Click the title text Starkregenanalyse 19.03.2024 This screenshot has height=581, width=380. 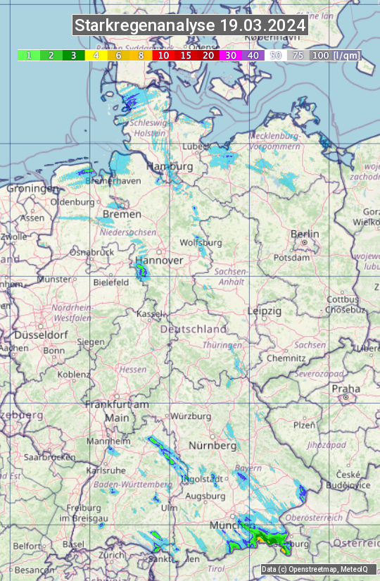(x=190, y=26)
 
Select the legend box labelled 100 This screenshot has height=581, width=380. (x=320, y=55)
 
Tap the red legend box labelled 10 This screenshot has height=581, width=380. (x=163, y=55)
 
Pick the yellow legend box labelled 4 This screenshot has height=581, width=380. (x=95, y=55)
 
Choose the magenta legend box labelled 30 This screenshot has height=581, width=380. (x=231, y=55)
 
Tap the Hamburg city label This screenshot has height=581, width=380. (x=170, y=166)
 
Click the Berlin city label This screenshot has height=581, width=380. (x=305, y=234)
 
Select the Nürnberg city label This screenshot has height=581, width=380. (x=212, y=446)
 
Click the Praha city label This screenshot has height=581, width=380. (x=346, y=388)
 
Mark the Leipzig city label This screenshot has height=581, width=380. (x=265, y=311)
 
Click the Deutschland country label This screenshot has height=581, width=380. (x=194, y=329)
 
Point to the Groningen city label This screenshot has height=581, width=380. (x=32, y=189)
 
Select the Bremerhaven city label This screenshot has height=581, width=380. (x=113, y=181)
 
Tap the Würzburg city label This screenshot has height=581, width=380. (x=191, y=416)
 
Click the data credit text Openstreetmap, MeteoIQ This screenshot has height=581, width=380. (x=318, y=569)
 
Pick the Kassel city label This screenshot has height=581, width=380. (x=149, y=313)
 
